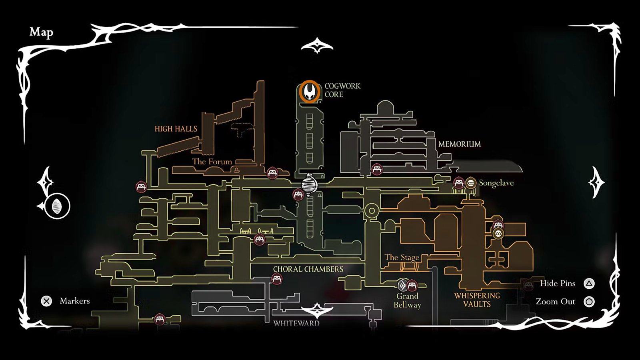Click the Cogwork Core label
point(342,90)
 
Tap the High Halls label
point(176,129)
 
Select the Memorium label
point(460,144)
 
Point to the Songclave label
point(496,183)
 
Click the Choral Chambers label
point(308,269)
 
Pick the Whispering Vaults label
point(477,300)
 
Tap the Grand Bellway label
point(407,300)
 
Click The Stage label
point(402,257)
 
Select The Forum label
point(212,162)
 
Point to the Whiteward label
point(296,323)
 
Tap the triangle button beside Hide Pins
point(589,284)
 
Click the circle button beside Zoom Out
point(589,302)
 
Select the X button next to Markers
point(46,301)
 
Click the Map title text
point(41,32)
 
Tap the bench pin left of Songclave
point(459,183)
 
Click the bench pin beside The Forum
point(272,173)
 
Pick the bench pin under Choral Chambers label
point(277,279)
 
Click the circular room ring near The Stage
point(372,210)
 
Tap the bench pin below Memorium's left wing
point(377,169)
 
